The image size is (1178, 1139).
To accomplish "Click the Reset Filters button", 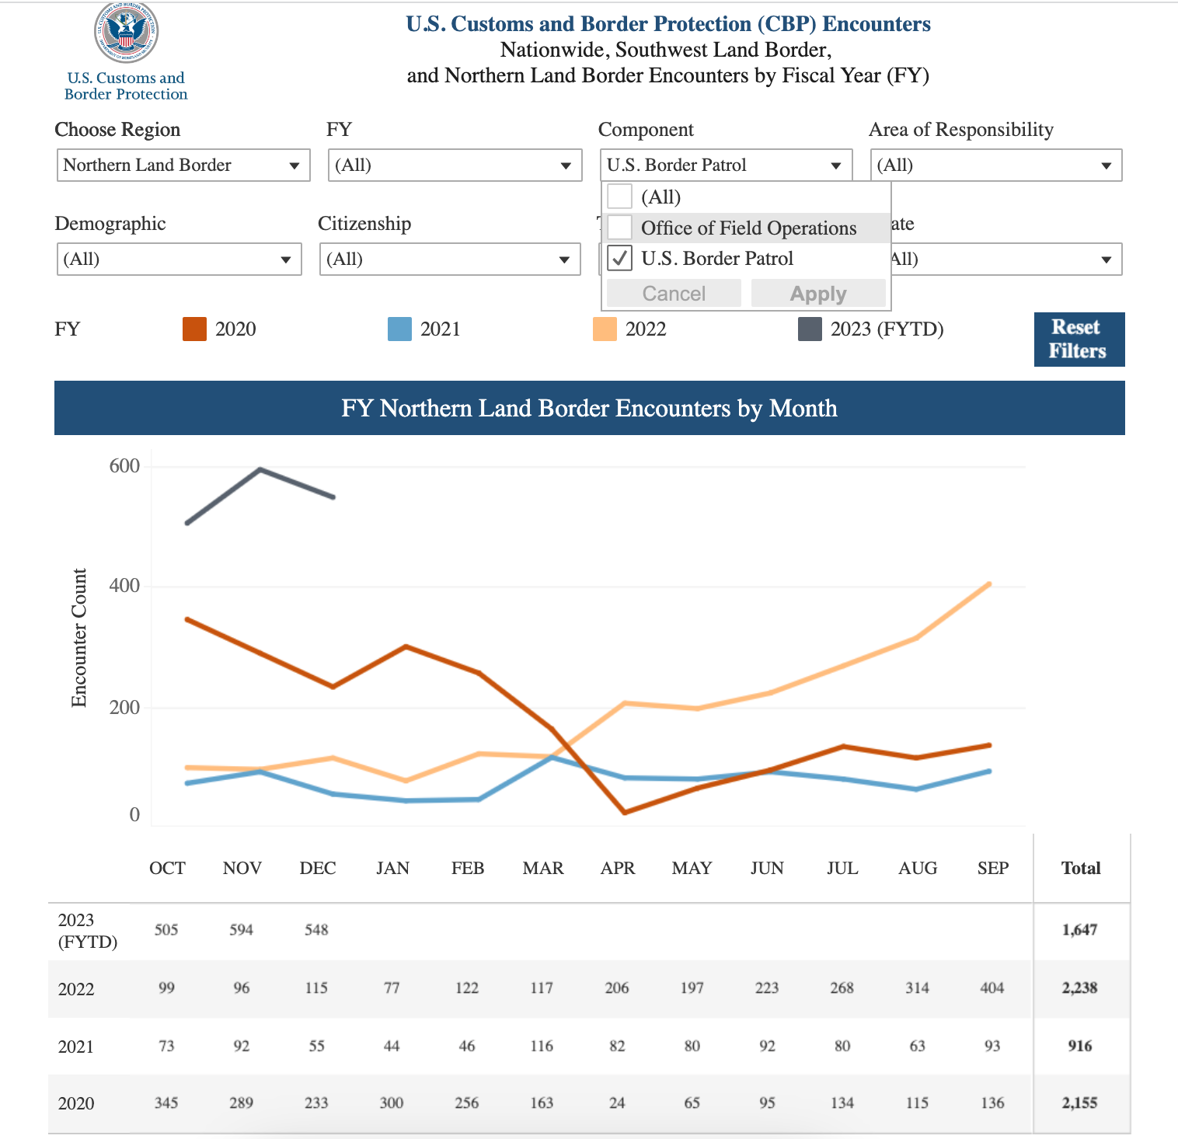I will click(1079, 340).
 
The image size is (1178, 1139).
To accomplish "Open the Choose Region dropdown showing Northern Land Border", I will click(183, 165).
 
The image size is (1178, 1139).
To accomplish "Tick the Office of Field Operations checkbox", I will click(620, 228).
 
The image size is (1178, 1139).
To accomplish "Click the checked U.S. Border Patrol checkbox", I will click(620, 258).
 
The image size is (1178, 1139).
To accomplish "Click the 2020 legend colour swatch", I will click(194, 329).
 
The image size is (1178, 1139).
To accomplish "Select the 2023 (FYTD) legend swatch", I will click(810, 329).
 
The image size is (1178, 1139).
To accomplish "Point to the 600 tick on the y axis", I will click(125, 466).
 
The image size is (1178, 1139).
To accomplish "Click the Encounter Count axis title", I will click(79, 638).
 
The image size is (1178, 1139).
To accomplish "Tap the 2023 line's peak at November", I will click(260, 469).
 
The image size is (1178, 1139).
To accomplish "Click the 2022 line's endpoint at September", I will click(989, 583).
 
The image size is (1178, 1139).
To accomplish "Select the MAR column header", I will click(542, 869).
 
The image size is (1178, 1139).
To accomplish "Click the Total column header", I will click(1081, 869).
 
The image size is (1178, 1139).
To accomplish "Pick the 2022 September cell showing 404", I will click(992, 988).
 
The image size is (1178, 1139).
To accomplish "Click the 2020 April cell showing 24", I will click(617, 1103).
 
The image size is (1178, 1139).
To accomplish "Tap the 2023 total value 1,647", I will click(1079, 930).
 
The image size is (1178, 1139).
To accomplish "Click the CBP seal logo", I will click(126, 32).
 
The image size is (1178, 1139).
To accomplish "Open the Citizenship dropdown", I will click(449, 259).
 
